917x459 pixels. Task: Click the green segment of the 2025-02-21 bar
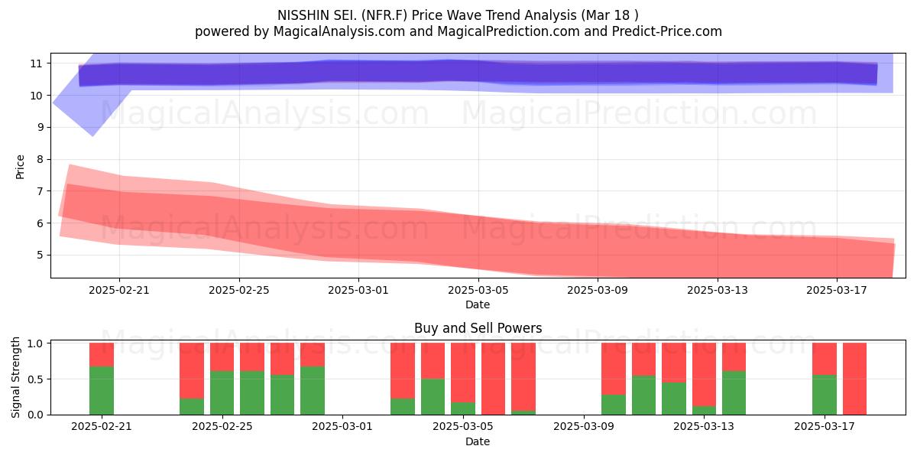(102, 390)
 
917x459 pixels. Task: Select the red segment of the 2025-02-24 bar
(192, 370)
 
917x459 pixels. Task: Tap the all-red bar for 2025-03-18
(854, 379)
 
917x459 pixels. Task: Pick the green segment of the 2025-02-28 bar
(313, 390)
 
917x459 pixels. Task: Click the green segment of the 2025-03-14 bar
(734, 392)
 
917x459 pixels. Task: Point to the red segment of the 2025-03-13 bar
(704, 375)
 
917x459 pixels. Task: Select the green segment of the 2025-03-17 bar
(825, 395)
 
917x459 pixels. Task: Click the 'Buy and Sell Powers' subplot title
(478, 328)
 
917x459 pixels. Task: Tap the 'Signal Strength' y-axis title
(15, 377)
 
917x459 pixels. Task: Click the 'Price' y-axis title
(20, 167)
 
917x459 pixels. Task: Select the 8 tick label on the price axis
(40, 159)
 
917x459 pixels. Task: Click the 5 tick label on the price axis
(40, 255)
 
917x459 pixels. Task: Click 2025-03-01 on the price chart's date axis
(358, 290)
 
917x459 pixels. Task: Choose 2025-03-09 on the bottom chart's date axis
(583, 426)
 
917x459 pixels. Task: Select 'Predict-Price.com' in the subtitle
(667, 31)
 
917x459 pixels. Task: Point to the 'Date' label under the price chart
(478, 304)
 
